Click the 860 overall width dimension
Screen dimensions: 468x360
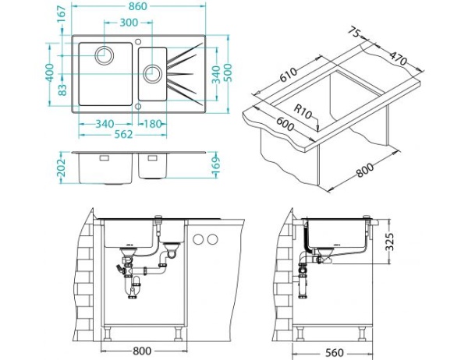pos(138,6)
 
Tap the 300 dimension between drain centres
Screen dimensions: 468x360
pos(129,23)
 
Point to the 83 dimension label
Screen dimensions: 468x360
pos(62,90)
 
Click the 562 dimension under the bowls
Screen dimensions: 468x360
pos(123,135)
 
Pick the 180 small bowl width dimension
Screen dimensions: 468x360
pos(153,124)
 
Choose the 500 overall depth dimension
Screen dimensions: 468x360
pos(229,73)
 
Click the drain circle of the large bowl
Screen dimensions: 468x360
pos(105,55)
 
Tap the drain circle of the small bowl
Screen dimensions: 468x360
pos(153,73)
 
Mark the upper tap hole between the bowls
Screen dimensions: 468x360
pos(138,41)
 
